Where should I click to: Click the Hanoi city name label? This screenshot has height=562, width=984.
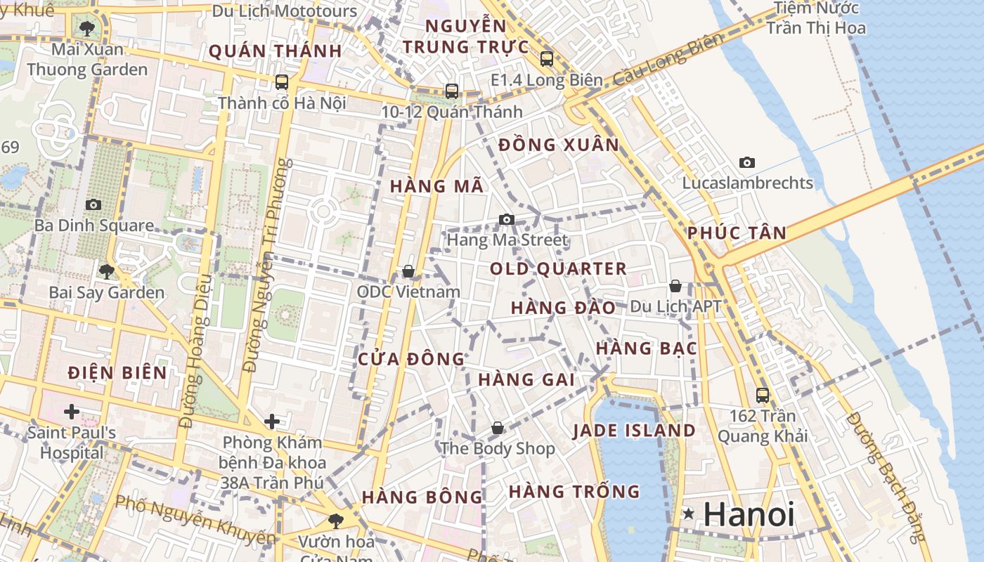(x=749, y=515)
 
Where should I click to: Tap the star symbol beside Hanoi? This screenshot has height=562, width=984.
(x=689, y=515)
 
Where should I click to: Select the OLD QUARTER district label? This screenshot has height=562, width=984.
(x=558, y=268)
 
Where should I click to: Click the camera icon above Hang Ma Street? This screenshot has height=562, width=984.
(x=507, y=219)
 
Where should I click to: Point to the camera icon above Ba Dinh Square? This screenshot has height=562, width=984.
(x=93, y=204)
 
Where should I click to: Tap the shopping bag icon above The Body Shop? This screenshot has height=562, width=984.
(x=498, y=428)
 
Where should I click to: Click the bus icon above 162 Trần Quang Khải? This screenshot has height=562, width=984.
(x=763, y=395)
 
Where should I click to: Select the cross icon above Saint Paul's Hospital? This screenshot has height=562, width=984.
(x=72, y=411)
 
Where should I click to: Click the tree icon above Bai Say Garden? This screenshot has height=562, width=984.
(x=107, y=271)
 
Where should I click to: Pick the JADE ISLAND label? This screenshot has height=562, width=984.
(x=634, y=431)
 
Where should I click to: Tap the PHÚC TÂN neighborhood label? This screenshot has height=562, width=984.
(x=737, y=233)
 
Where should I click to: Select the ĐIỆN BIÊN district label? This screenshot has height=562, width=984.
(x=117, y=372)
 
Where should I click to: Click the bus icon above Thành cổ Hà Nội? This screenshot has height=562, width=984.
(x=282, y=81)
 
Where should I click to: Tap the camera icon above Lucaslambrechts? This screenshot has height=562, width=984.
(x=747, y=162)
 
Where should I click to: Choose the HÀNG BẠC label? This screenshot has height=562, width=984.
(x=646, y=348)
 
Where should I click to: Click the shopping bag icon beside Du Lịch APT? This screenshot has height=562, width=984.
(x=675, y=286)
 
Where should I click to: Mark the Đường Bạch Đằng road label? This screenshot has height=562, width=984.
(x=888, y=476)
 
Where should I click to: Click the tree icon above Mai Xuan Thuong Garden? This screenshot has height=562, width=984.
(x=87, y=29)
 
